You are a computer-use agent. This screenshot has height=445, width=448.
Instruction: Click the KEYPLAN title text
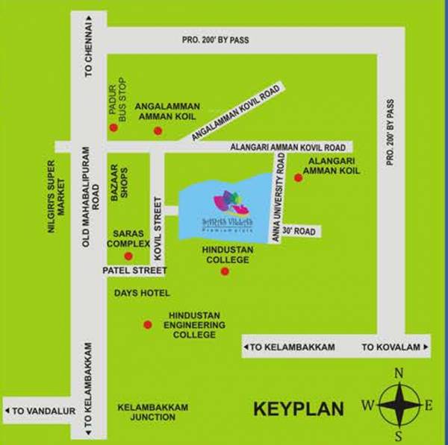[x=298, y=409]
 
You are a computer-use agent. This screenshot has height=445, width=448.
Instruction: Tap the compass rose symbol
[x=399, y=405]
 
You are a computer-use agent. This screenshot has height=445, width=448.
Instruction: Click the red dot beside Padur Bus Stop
[x=113, y=127]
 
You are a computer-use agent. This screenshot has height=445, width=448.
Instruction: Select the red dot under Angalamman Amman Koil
[x=158, y=131]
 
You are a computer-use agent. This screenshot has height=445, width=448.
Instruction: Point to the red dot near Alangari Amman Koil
[x=298, y=177]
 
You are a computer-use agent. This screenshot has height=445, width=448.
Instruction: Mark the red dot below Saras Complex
[x=128, y=256]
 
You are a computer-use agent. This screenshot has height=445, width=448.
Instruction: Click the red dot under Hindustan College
[x=225, y=271]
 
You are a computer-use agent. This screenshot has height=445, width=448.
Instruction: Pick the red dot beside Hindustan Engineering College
[x=148, y=324]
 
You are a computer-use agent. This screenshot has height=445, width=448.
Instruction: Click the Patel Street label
[x=134, y=271]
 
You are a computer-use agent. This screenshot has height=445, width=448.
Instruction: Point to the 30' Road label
[x=299, y=232]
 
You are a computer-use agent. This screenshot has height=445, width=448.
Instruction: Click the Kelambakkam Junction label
[x=153, y=412]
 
